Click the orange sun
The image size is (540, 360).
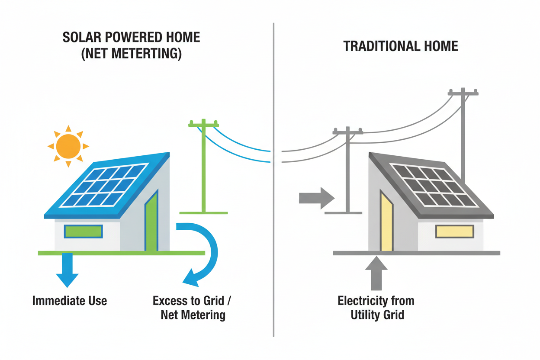68,146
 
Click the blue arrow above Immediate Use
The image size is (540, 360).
67,270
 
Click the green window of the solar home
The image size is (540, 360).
83,231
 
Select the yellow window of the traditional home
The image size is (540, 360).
454,231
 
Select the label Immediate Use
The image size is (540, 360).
70,300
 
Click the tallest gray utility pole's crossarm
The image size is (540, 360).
463,92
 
